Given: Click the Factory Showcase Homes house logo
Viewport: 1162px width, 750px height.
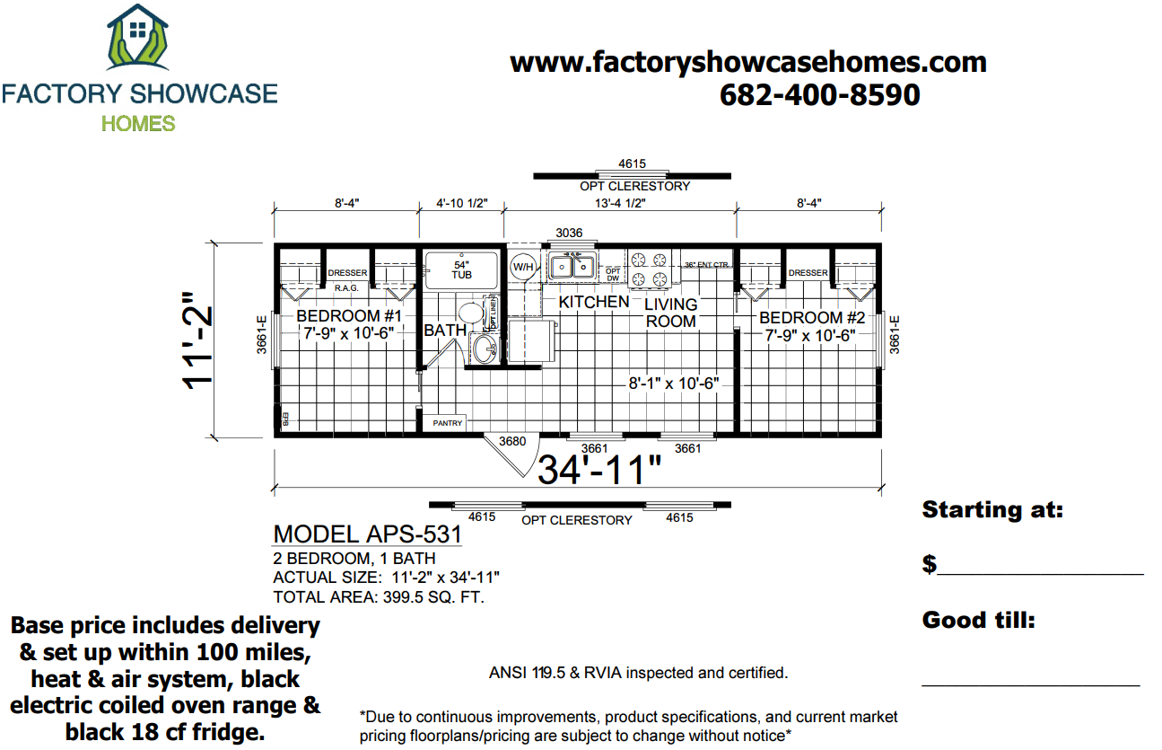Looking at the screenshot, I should [137, 40].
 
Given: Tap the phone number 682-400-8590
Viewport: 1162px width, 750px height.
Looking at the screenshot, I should [819, 94].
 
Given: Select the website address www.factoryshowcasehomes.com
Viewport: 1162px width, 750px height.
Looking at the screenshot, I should [748, 62].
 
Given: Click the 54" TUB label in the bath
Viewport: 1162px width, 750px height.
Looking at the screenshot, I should [461, 269].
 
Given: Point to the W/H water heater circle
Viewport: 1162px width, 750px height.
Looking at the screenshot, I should [522, 268].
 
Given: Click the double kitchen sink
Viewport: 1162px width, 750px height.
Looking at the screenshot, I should [572, 266].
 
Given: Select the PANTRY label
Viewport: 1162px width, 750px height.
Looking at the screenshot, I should [447, 422].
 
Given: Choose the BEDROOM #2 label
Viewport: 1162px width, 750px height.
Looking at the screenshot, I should [812, 317].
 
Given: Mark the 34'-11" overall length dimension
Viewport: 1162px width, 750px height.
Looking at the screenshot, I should [599, 470].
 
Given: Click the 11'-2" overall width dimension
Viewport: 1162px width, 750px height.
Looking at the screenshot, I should [198, 340].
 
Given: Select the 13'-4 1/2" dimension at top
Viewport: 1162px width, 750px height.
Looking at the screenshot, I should [619, 203].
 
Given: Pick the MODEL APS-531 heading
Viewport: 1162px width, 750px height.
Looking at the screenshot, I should [367, 534].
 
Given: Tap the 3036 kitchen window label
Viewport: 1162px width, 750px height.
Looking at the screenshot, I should [569, 233].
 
